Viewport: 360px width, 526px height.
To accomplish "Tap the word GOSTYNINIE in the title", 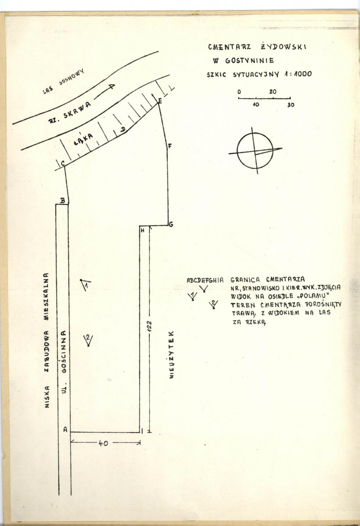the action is coord(249,61).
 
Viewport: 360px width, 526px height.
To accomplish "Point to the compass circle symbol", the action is coord(255,151).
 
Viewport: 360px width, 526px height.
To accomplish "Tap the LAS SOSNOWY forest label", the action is coord(63,81).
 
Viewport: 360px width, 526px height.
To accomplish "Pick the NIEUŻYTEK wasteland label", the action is coord(172,355).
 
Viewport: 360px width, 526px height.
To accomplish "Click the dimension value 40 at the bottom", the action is coord(103,443).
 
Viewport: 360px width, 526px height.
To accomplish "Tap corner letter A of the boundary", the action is coord(65,429).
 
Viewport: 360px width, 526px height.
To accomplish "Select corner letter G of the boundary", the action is coord(171,224).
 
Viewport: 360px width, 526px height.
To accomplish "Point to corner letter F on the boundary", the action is coord(169,146).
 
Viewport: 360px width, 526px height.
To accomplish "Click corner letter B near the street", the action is coord(62,200).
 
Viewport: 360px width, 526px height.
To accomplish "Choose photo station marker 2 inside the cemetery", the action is coord(88,339).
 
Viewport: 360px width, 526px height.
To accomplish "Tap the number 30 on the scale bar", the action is coord(291,104).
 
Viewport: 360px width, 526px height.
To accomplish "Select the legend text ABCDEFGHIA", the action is coord(205,280).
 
